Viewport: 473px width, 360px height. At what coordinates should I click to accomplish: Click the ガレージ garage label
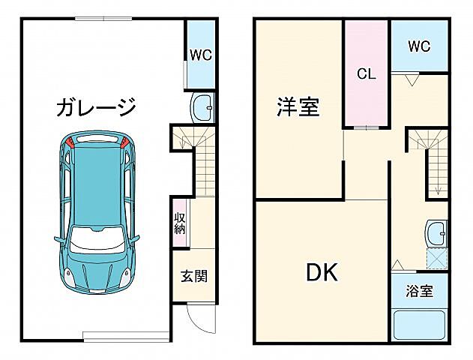pos(96,107)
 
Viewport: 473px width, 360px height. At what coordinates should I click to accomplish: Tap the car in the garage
pos(96,214)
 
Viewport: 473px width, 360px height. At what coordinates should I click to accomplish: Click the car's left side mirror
pos(58,240)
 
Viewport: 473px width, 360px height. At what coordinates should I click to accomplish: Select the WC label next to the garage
pos(200,54)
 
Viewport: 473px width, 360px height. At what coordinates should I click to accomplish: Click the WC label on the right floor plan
pos(419,46)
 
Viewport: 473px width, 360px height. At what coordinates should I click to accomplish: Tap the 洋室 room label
pos(298,108)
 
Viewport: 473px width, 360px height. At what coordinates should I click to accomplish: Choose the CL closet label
pos(366,73)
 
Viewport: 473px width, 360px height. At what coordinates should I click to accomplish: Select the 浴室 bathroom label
pos(419,291)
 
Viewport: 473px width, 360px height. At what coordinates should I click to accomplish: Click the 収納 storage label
pos(180,223)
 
